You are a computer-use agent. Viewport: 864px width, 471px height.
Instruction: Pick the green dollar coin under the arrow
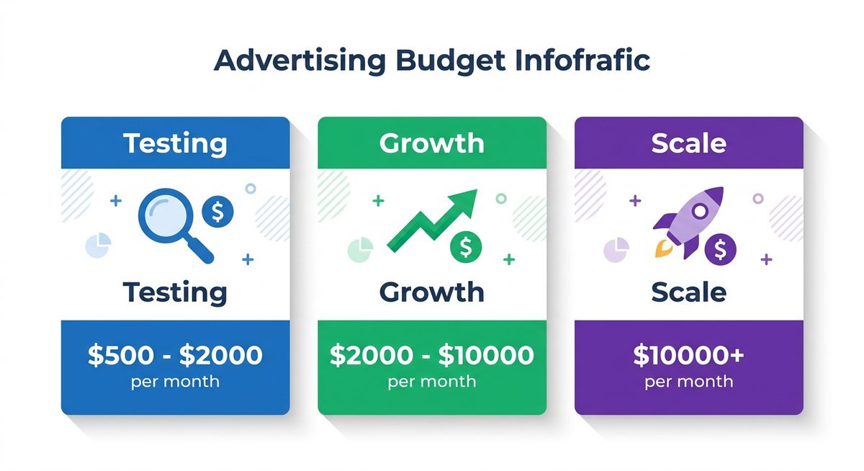pyautogui.click(x=466, y=247)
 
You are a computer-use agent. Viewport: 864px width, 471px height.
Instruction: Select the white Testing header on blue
pyautogui.click(x=175, y=143)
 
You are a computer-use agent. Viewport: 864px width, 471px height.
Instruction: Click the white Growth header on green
pyautogui.click(x=431, y=143)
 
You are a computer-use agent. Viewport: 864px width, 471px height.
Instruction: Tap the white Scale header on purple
pyautogui.click(x=688, y=143)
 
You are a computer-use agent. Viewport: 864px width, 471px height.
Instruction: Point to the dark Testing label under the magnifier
pyautogui.click(x=175, y=292)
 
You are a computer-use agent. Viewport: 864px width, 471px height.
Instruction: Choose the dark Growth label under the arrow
pyautogui.click(x=431, y=292)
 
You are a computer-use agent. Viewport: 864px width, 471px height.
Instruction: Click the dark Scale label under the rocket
pyautogui.click(x=688, y=292)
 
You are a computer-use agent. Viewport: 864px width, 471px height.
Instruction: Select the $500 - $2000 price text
pyautogui.click(x=175, y=355)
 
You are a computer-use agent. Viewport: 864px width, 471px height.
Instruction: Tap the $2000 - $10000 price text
pyautogui.click(x=431, y=355)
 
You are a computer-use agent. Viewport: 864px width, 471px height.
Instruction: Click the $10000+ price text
pyautogui.click(x=688, y=355)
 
